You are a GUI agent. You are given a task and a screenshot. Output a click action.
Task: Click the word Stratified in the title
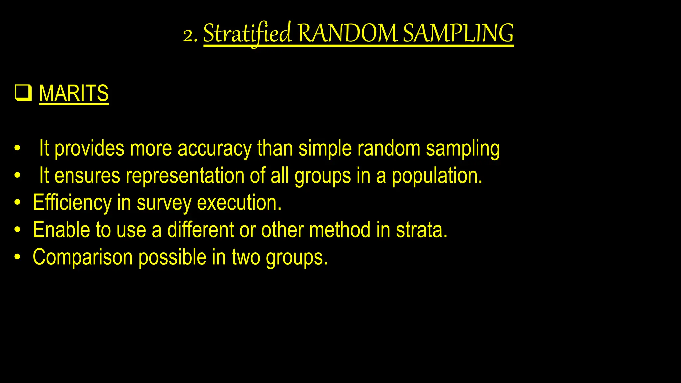(x=247, y=34)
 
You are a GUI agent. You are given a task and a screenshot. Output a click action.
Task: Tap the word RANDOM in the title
(x=347, y=34)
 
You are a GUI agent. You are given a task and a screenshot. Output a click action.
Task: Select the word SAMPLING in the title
(x=458, y=34)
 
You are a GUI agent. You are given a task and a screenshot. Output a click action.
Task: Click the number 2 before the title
(x=188, y=35)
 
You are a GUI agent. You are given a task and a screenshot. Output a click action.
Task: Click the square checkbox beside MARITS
(x=23, y=93)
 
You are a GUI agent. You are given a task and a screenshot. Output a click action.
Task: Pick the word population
(x=437, y=176)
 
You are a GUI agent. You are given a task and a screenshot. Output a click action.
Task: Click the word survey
(x=164, y=203)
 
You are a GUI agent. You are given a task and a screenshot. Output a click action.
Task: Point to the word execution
(x=239, y=203)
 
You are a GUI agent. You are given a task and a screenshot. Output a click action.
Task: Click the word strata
(x=421, y=230)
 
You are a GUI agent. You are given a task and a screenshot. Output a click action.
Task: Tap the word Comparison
(x=82, y=257)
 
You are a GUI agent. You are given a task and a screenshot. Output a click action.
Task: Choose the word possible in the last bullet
(x=172, y=257)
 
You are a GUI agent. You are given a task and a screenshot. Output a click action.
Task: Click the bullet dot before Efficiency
(x=18, y=202)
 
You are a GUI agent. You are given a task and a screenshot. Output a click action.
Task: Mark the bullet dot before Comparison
(x=18, y=257)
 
